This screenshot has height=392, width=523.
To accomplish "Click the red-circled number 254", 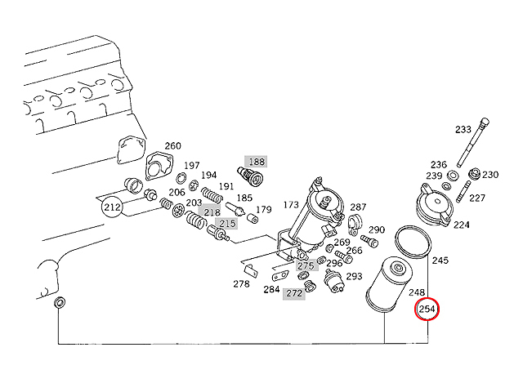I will (427, 310).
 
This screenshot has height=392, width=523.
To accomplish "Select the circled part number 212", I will (113, 207).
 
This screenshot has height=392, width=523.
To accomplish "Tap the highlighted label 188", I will (256, 162).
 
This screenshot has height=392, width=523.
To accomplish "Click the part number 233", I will (463, 129).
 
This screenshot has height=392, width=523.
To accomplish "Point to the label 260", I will (172, 146).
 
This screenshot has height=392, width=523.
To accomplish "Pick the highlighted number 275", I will (305, 266).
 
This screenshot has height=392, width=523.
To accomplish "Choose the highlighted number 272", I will (294, 292).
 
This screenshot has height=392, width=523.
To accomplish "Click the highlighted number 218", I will (212, 212).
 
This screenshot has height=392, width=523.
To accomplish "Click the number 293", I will (354, 276).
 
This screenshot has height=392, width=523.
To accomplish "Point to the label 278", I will (241, 284).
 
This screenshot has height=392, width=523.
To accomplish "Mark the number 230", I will (489, 175).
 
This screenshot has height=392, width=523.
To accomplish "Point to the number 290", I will (377, 229).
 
